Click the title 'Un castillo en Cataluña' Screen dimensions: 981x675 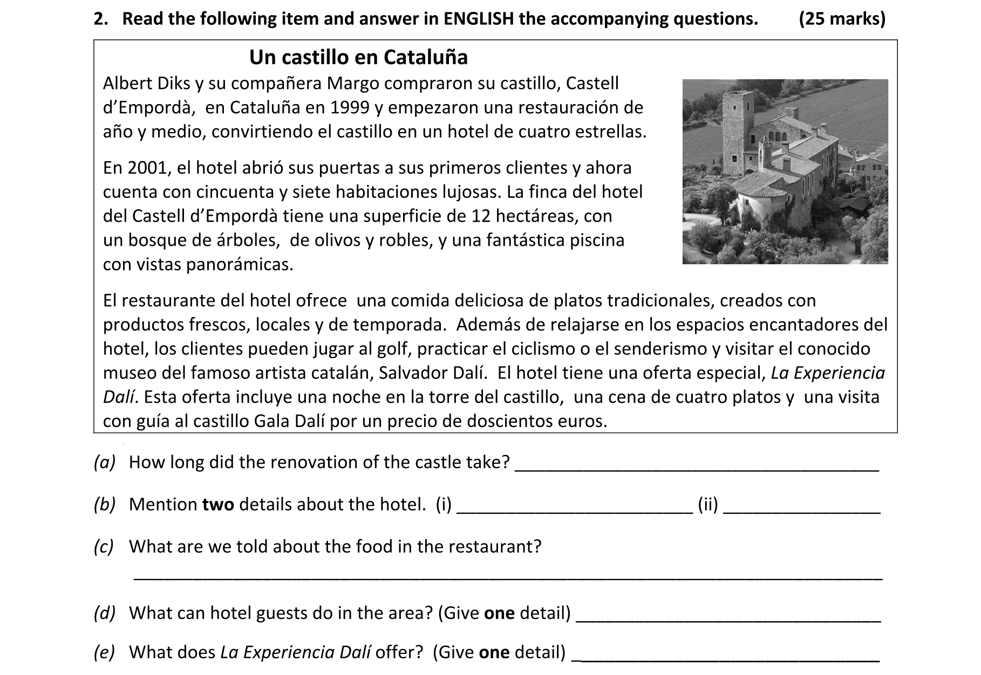[358, 57]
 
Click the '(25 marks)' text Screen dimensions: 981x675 [842, 19]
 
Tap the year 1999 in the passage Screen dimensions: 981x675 [350, 108]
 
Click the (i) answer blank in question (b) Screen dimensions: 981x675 [575, 512]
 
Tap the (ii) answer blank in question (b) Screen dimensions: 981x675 [801, 512]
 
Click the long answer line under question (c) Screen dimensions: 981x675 [507, 578]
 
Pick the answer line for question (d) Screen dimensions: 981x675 [728, 621]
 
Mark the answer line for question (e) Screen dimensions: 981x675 [728, 660]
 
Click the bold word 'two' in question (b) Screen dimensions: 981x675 [218, 505]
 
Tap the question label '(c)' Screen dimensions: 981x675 [104, 547]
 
